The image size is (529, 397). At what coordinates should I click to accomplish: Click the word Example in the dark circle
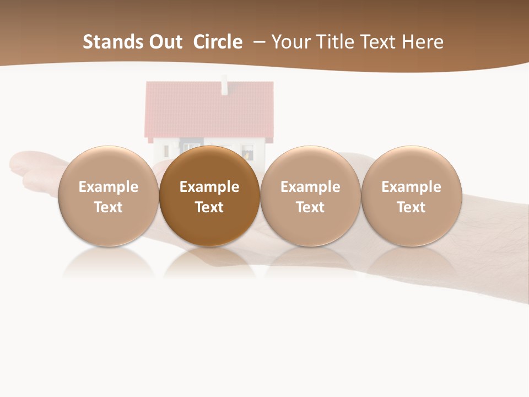point(209,187)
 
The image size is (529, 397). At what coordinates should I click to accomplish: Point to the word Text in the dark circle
point(209,207)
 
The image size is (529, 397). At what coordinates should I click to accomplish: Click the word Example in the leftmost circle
point(109,187)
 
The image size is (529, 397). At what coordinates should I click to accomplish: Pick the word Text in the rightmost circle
point(411,207)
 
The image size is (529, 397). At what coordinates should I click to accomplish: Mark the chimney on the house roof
point(224,86)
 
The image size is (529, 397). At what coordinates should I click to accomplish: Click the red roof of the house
point(209,110)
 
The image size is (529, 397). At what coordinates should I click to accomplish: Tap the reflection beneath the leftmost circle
point(109,265)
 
